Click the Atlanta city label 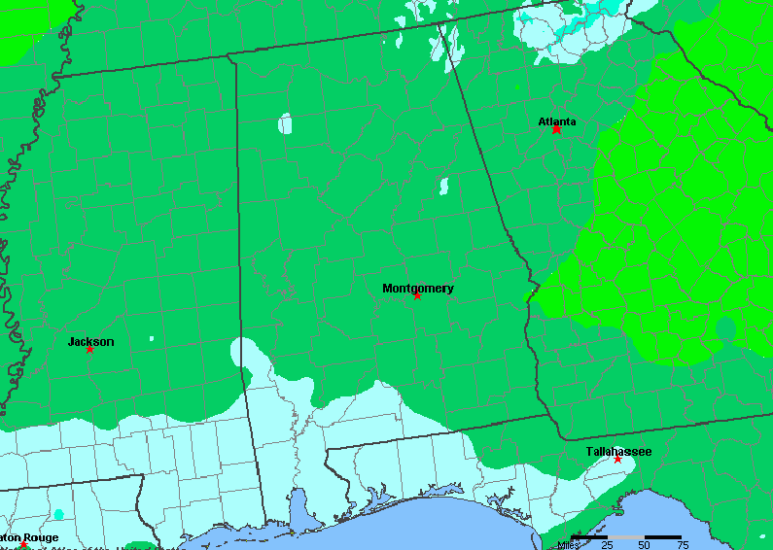pos(557,121)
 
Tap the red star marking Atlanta pos(556,129)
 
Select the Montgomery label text pos(417,288)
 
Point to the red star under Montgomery pos(417,295)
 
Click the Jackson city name pos(90,341)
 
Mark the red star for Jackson pos(89,349)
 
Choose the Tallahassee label pos(618,451)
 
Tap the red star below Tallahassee pos(617,459)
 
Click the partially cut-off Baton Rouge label pos(29,537)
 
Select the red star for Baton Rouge pos(23,545)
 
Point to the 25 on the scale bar pos(607,544)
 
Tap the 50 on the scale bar pos(644,544)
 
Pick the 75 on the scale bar pos(683,544)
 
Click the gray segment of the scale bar pos(625,536)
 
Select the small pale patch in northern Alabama pos(285,123)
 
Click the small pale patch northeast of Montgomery pos(443,185)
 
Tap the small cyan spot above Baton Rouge pos(59,513)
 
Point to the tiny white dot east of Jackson pos(152,338)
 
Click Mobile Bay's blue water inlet pos(299,509)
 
